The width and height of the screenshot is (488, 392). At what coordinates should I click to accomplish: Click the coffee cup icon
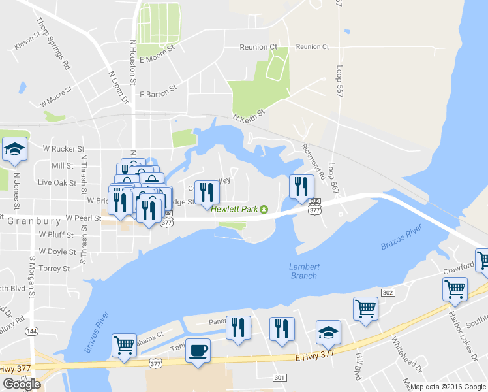pos(198,350)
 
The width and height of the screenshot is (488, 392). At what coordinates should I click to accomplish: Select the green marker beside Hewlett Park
pos(264,209)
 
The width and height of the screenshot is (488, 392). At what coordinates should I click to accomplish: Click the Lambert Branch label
pos(304,270)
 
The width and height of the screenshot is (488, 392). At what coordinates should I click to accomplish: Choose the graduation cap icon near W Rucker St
pos(14,150)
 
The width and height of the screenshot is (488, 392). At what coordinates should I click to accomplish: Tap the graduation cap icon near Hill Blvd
pos(328,333)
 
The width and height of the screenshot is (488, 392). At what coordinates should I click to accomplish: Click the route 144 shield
pos(31,332)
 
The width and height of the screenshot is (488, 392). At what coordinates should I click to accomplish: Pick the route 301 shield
pos(280,378)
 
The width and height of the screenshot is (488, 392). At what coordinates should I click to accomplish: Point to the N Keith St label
pos(249,116)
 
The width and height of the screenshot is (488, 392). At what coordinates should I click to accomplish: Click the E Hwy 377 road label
pos(316,354)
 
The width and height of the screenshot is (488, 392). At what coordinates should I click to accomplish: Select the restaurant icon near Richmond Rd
pos(301,186)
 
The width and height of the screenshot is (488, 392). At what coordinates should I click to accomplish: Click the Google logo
pos(22,384)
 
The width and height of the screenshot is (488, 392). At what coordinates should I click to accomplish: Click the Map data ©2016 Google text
pos(448,387)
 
